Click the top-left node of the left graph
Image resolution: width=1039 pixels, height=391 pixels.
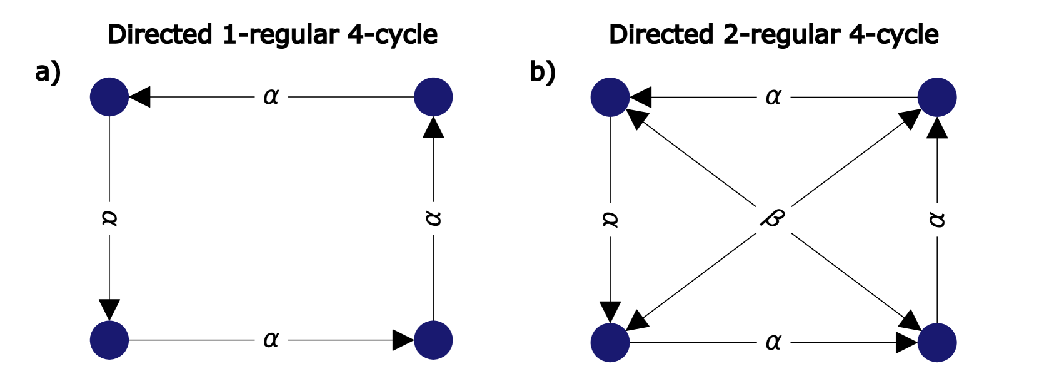click(x=109, y=97)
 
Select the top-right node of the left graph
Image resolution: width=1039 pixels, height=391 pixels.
click(x=433, y=97)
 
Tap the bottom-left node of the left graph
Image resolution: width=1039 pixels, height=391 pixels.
click(x=109, y=340)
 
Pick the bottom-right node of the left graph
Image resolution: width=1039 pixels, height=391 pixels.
click(x=433, y=340)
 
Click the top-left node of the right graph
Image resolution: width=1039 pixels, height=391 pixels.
click(x=610, y=98)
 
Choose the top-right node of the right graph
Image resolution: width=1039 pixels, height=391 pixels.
click(x=937, y=98)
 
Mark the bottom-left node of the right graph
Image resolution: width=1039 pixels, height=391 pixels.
click(x=610, y=343)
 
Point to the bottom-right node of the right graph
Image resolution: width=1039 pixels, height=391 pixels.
click(x=937, y=343)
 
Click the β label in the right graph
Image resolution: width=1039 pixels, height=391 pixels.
click(x=773, y=218)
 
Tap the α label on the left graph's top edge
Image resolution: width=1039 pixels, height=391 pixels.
click(x=271, y=97)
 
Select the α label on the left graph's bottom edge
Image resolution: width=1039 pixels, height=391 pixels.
click(x=271, y=340)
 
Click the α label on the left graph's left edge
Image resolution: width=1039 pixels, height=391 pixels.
click(x=109, y=218)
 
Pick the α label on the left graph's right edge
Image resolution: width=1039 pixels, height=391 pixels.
click(x=433, y=218)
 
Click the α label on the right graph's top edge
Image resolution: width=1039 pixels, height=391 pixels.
click(x=773, y=98)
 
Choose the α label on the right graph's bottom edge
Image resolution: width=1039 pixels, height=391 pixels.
click(x=773, y=343)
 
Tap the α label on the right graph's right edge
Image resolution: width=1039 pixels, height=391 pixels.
click(x=937, y=219)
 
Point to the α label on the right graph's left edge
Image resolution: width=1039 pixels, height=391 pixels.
click(x=610, y=219)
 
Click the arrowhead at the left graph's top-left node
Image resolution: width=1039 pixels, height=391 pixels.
click(x=140, y=97)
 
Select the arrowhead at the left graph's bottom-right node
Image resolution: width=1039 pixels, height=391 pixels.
click(x=403, y=340)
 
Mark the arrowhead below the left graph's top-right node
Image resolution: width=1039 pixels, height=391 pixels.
click(x=433, y=128)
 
